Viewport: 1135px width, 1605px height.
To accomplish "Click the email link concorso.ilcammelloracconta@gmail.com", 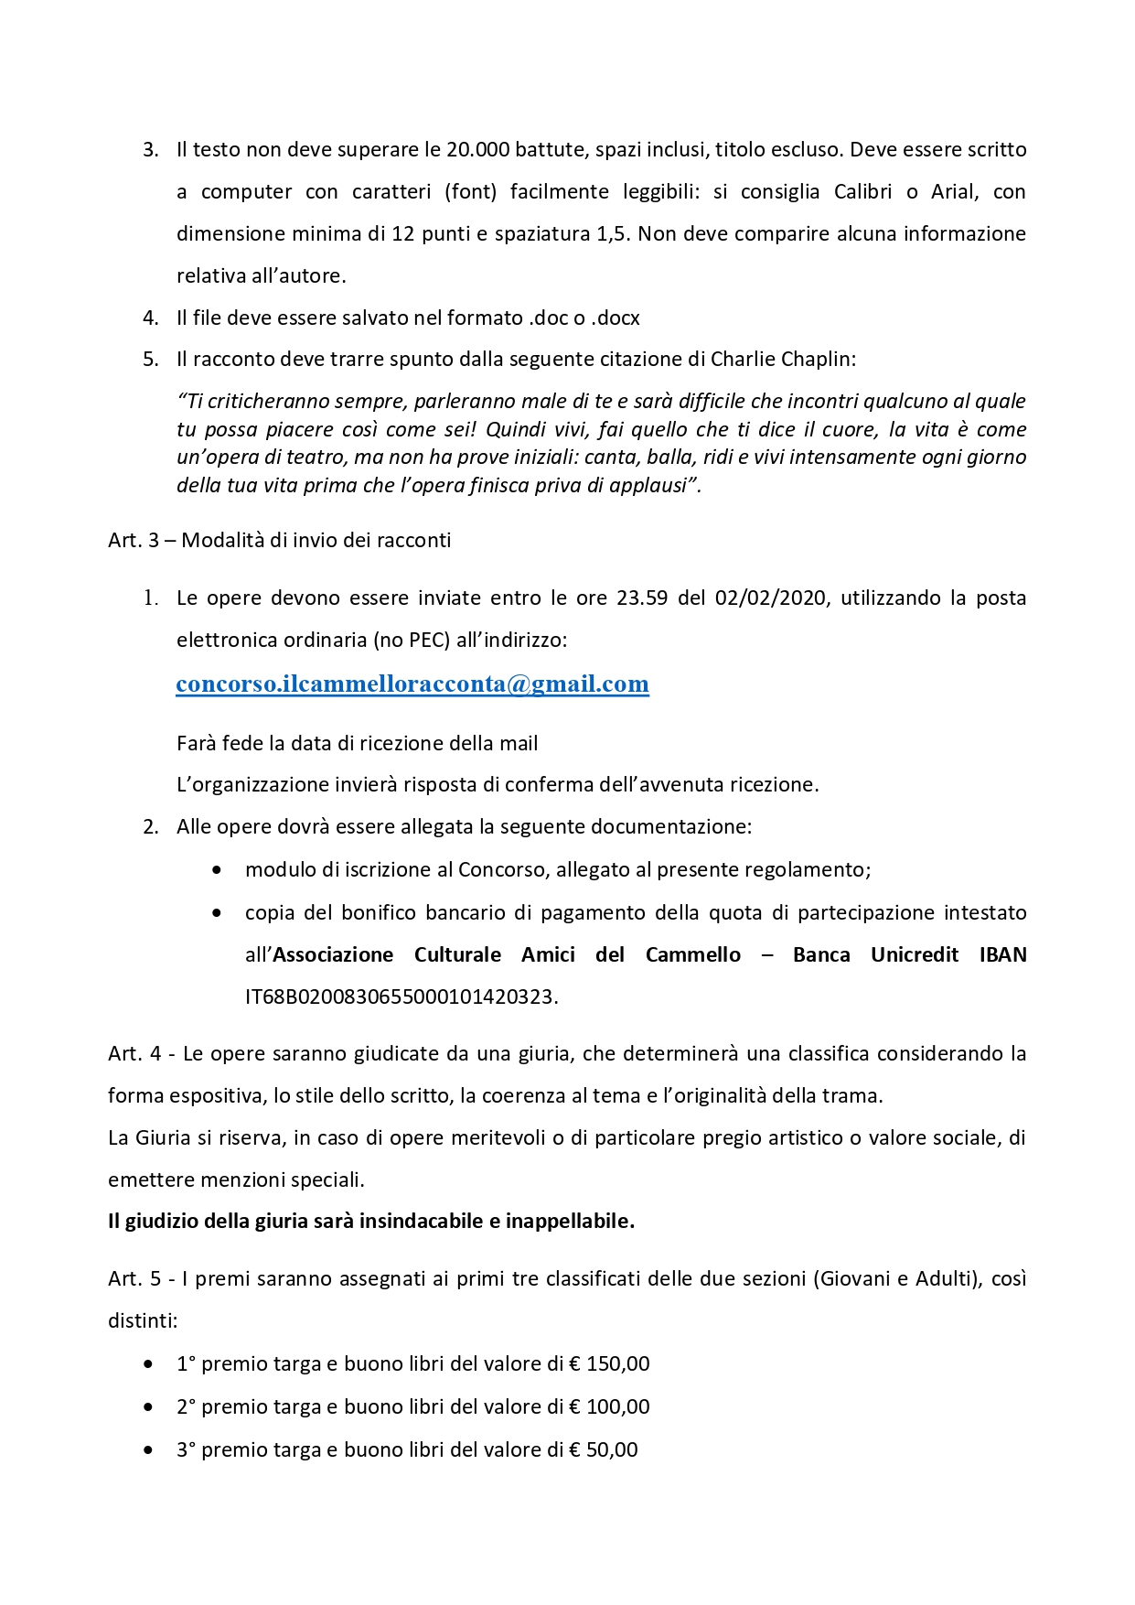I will click(412, 684).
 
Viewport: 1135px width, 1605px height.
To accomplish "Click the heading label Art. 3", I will click(133, 541).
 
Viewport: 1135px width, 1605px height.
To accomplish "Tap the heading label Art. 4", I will click(134, 1054).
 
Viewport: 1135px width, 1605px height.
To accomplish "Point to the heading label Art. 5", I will click(134, 1279).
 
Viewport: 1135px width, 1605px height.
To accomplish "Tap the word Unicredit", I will click(915, 955).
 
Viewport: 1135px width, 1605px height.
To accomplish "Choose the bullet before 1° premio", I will click(149, 1364).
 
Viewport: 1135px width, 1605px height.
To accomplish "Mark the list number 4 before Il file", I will click(151, 318).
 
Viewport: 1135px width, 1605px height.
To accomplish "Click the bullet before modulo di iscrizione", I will click(217, 870).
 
